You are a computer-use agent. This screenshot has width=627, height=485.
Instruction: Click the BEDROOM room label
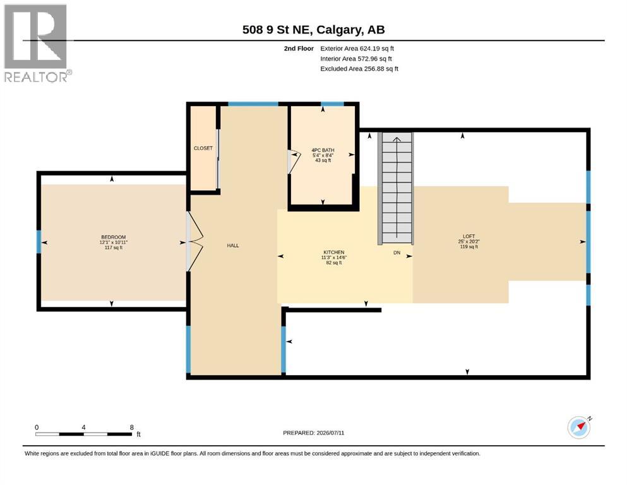[x=114, y=237]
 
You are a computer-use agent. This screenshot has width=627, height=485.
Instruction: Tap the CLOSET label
[x=203, y=148]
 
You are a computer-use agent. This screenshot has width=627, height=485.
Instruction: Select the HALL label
[x=233, y=246]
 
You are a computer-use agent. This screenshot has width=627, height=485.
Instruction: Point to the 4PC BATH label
[x=323, y=150]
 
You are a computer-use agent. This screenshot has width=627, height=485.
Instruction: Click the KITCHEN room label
[x=334, y=253]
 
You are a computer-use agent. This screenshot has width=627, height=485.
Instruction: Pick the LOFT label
[x=469, y=236]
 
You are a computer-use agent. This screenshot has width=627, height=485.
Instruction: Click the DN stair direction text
[x=397, y=253]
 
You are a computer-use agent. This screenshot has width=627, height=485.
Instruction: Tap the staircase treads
[x=396, y=188]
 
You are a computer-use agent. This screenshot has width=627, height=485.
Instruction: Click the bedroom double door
[x=194, y=241]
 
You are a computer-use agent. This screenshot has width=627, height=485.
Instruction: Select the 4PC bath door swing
[x=294, y=162]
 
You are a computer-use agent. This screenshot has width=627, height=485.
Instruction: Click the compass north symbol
[x=580, y=427]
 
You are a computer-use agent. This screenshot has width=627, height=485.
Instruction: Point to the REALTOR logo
[x=37, y=43]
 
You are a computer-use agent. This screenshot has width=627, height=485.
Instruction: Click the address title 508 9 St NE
[x=278, y=30]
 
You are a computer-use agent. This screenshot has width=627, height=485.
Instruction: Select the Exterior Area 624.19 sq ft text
[x=357, y=49]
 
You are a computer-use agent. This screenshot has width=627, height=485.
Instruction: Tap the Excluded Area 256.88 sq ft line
[x=359, y=69]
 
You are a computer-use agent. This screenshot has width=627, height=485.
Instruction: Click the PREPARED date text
[x=313, y=433]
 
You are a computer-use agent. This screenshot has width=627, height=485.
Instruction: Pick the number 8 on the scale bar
[x=131, y=428]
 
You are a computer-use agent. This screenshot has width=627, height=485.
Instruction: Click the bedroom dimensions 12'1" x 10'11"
[x=114, y=242]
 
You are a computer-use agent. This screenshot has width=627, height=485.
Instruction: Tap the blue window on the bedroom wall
[x=39, y=242]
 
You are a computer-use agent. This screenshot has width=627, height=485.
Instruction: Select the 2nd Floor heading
[x=299, y=49]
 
